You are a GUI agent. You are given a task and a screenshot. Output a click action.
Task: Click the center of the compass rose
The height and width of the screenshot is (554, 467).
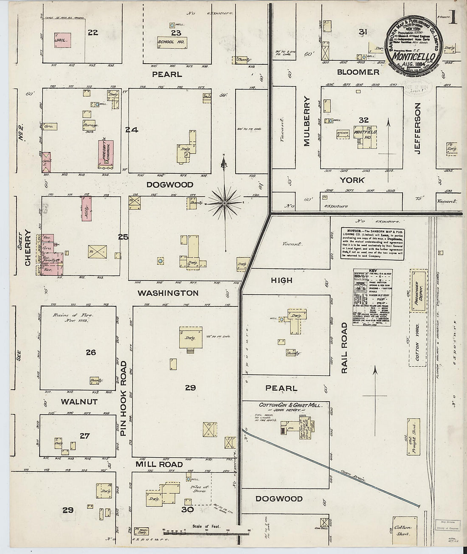pos(224,204)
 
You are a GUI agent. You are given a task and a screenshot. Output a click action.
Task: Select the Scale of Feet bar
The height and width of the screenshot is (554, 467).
pos(206,531)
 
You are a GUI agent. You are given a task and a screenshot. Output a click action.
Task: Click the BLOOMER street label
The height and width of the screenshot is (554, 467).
pos(357,72)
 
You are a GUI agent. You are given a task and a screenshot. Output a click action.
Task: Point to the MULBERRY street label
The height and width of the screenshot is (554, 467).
pos(307,121)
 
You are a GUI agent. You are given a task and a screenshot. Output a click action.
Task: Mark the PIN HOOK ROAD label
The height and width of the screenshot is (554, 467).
pos(124,398)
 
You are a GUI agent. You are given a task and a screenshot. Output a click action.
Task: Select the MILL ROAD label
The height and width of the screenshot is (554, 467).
pos(159,464)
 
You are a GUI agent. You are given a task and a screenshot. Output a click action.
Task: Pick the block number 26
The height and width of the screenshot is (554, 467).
pos(90,352)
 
